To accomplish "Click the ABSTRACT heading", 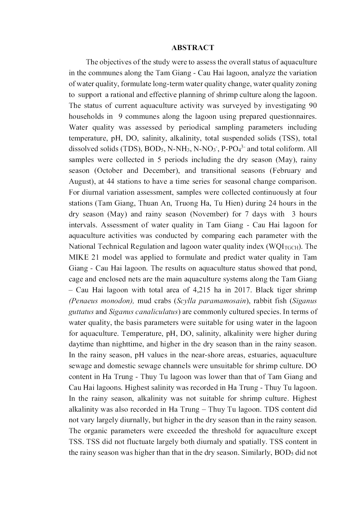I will point(193,48).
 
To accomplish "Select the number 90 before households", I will point(312,105).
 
